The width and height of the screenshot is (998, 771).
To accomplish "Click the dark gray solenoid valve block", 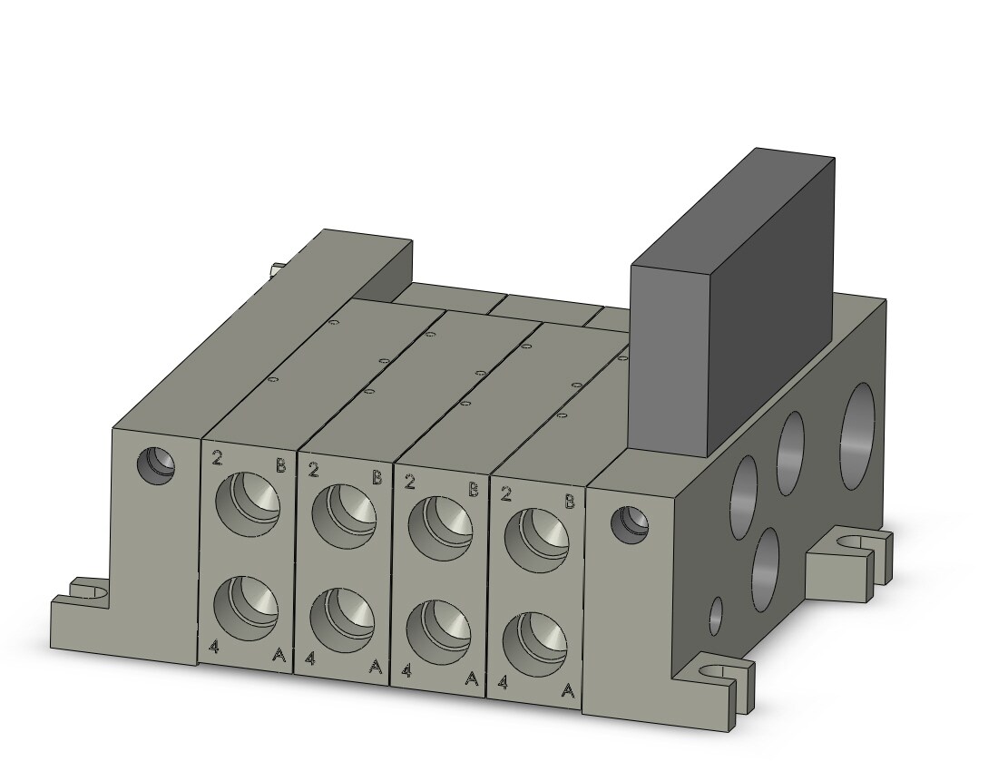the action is [732, 306].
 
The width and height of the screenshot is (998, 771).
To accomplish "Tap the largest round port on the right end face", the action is [857, 435].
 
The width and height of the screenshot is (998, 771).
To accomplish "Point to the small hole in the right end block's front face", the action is [630, 524].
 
